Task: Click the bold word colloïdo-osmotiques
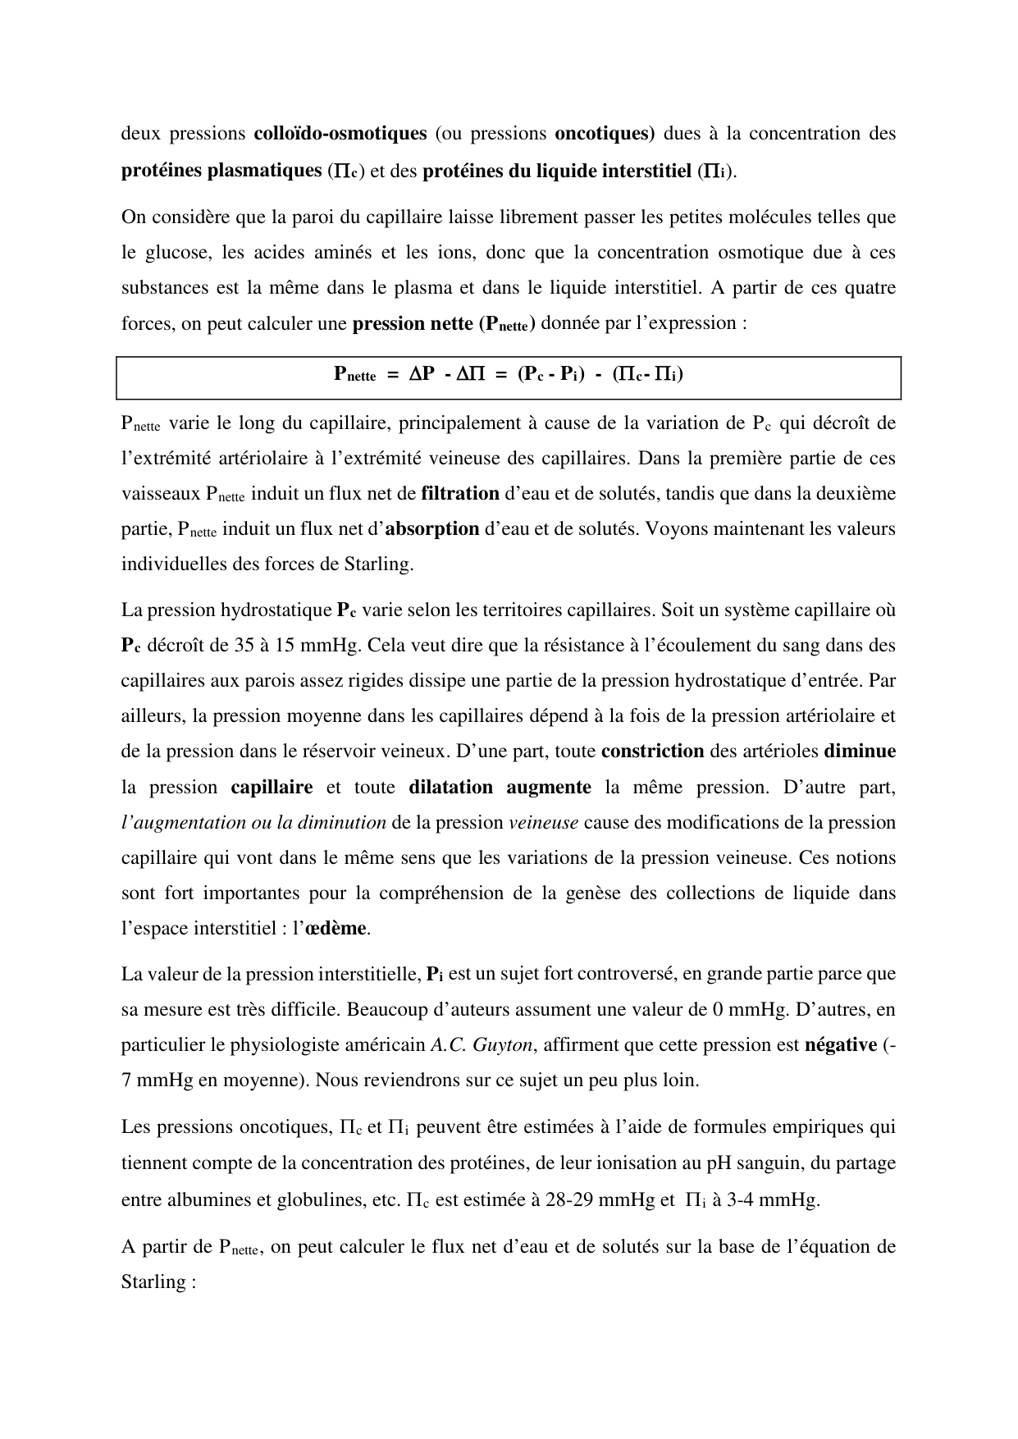(340, 133)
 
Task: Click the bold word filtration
(460, 493)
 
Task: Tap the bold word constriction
(652, 751)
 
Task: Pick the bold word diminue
(859, 751)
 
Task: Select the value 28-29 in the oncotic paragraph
(570, 1199)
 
